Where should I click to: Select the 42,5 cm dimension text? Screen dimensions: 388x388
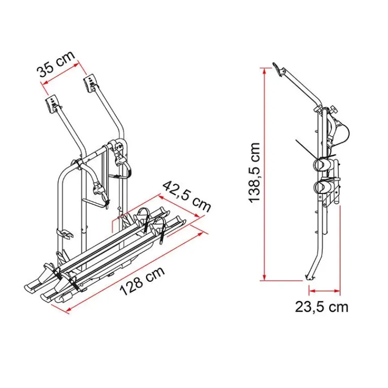pos(187,196)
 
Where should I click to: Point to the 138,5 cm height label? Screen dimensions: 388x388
pos(255,173)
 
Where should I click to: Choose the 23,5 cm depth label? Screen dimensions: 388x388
pos(322,307)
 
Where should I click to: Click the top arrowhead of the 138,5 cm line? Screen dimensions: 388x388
pos(264,71)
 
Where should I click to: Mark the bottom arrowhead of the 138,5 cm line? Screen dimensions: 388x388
pos(264,277)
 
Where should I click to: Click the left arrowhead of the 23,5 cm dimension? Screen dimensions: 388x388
pos(312,291)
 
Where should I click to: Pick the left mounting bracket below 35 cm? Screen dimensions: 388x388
pos(52,104)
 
